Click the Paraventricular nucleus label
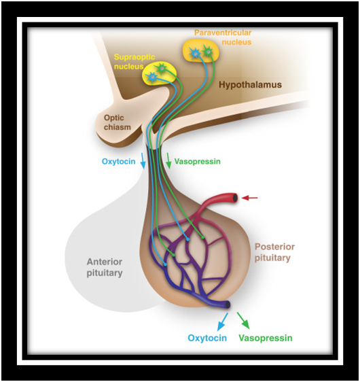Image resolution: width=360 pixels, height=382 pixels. pos(223,37)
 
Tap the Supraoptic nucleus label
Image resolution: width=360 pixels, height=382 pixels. pos(134,62)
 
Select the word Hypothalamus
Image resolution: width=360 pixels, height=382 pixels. pos(250,85)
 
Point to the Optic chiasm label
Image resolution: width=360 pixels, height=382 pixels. pos(118,122)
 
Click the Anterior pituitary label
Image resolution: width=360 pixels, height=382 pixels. pos(105,267)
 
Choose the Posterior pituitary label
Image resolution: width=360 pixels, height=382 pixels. pos(274,252)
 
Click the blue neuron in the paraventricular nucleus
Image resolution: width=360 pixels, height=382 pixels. pos(195,53)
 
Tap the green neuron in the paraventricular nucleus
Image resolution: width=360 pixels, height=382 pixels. pos(208,52)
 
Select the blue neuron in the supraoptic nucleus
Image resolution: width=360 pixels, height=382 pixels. pos(152,77)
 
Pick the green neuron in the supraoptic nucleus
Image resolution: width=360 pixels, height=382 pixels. pos(161,69)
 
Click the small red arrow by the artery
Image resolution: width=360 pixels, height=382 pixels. pos(249,198)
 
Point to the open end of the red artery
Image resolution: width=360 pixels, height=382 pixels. pos(235,198)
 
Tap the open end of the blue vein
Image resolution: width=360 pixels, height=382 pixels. pos(228,305)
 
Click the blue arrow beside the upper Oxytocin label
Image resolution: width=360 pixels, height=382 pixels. pos(143,161)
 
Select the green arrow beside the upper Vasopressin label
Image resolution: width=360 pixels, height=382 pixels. pos(168,161)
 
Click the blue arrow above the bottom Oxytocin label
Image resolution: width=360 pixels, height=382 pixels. pos(223,321)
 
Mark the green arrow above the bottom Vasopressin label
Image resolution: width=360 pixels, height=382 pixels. pos(243,321)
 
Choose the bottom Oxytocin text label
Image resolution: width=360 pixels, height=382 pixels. pos(207,338)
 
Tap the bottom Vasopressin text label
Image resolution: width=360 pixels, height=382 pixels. pos(266,338)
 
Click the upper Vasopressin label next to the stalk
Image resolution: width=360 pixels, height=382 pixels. pos(198,161)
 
